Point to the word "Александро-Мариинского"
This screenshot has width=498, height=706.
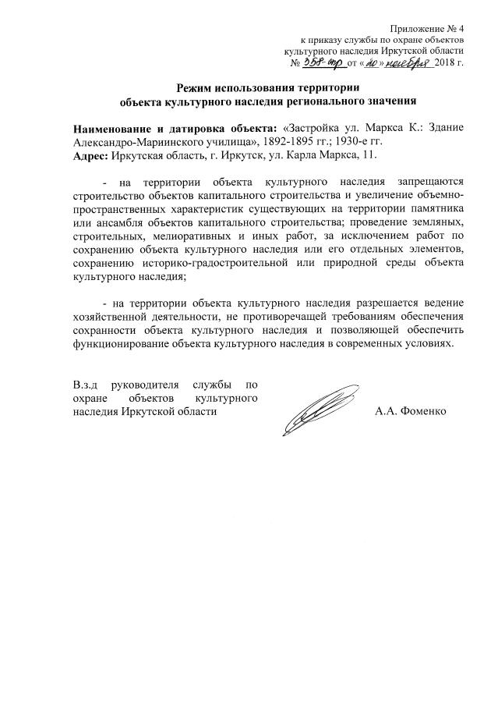(140, 141)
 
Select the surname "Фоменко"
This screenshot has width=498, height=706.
(423, 412)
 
